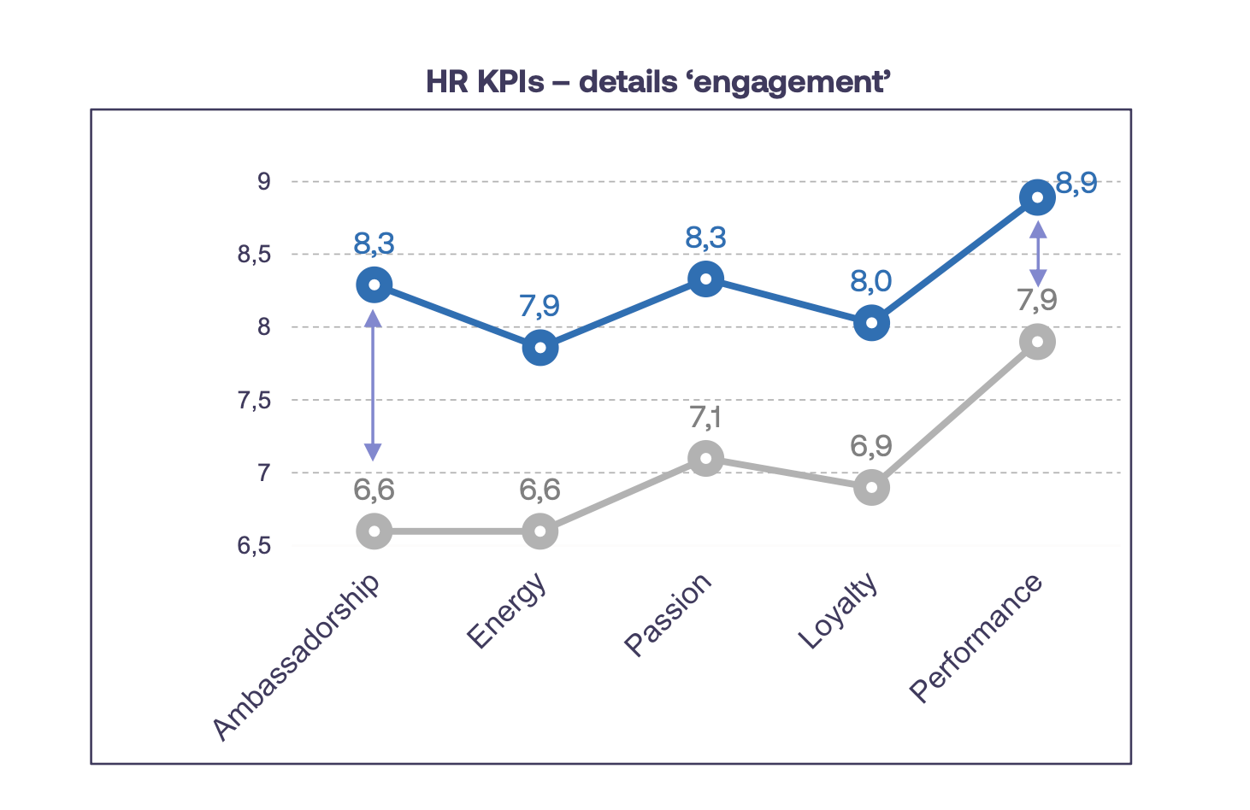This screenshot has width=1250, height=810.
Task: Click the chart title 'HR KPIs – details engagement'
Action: coord(659,82)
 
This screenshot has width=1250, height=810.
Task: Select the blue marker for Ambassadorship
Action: coord(374,285)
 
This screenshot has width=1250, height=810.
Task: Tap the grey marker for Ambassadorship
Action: coord(374,531)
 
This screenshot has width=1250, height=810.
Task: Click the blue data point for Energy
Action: coord(540,348)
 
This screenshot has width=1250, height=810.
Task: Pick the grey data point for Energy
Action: coord(540,531)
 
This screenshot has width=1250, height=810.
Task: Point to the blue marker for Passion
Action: coord(705,279)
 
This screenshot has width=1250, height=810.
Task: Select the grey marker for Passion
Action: coord(705,459)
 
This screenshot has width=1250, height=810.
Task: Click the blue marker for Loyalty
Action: coord(871,323)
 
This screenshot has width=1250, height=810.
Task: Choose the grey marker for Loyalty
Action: coord(871,488)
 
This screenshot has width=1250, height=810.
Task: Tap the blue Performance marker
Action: coord(1037,198)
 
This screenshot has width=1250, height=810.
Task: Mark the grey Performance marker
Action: coord(1037,343)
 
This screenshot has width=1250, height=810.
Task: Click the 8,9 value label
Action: coord(1076,183)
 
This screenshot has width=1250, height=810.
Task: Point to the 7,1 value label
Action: coord(705,418)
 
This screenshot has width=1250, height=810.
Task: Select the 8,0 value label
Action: coord(871,281)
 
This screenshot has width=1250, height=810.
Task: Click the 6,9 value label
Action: coord(871,446)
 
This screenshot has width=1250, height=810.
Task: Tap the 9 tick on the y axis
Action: coord(263,182)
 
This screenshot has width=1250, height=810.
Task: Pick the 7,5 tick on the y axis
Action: coord(254,400)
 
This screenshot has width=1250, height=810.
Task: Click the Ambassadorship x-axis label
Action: coord(296,656)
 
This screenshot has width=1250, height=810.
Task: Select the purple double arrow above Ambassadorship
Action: coord(373,385)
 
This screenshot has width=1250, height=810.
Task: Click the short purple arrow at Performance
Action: coord(1038,254)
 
